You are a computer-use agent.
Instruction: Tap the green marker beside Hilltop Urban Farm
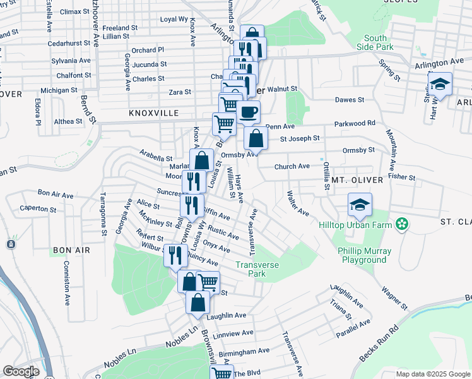(x=401, y=224)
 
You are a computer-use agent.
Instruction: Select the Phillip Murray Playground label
(x=363, y=255)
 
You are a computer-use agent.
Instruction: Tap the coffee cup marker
(x=248, y=113)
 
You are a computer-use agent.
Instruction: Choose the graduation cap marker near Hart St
(x=440, y=85)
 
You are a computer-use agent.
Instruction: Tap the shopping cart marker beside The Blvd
(x=221, y=373)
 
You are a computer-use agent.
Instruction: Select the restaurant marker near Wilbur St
(x=175, y=255)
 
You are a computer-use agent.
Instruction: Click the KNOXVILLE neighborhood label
(x=154, y=113)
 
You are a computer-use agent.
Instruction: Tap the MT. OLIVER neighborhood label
(x=357, y=180)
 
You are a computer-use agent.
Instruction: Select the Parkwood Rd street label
(x=355, y=123)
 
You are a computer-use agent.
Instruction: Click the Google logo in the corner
(x=21, y=371)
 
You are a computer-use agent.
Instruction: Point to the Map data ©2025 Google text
(x=432, y=374)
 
